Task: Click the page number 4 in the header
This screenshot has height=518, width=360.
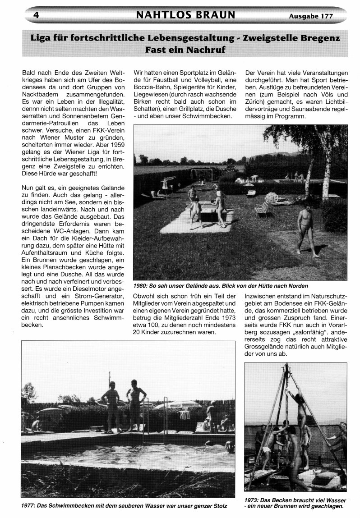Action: (x=35, y=15)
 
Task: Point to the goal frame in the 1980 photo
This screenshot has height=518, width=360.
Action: (x=202, y=174)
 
